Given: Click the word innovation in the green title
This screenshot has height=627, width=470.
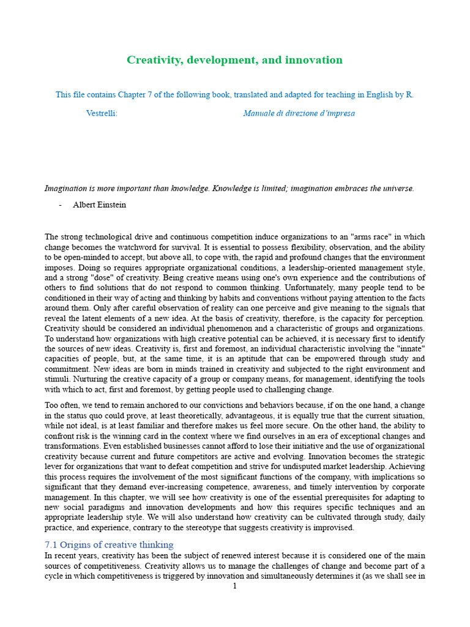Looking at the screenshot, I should [314, 60].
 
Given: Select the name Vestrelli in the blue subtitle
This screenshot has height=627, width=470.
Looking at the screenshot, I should [101, 113].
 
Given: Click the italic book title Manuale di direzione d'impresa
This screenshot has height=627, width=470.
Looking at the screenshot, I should [299, 113].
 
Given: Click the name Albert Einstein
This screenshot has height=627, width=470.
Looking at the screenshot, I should [99, 205].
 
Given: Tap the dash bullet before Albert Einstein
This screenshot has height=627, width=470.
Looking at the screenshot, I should [61, 205].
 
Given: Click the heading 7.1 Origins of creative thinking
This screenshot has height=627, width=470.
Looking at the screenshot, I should [109, 544].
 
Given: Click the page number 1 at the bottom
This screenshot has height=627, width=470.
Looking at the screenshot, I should [234, 587].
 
